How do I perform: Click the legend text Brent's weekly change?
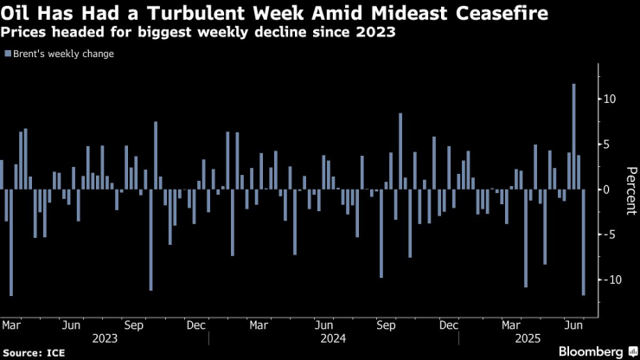point(62,54)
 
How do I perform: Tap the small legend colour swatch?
point(7,54)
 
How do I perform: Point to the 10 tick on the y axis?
point(610,99)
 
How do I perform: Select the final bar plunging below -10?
point(584,242)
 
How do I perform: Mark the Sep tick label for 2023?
point(134,325)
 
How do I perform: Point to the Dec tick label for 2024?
point(448,325)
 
